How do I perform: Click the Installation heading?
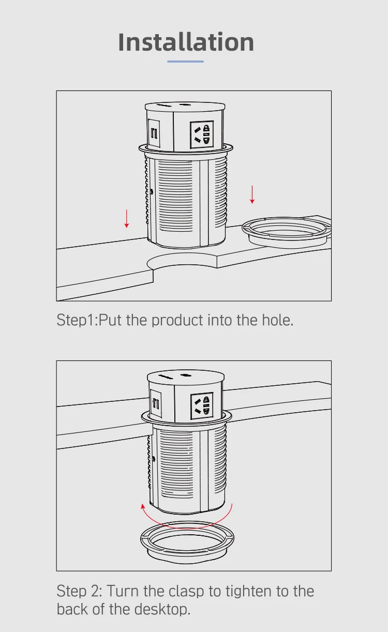(186, 42)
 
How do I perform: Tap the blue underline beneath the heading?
(185, 61)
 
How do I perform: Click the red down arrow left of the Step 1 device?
(127, 219)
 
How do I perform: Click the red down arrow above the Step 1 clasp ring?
(252, 194)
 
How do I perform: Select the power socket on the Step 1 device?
(202, 134)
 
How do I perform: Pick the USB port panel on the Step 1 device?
(154, 133)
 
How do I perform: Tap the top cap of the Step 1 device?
(185, 107)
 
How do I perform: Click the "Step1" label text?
(75, 321)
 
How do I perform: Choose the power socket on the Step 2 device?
(202, 405)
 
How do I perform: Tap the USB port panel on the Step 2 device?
(156, 403)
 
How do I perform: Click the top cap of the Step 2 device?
(186, 375)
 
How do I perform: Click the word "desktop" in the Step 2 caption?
(162, 610)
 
